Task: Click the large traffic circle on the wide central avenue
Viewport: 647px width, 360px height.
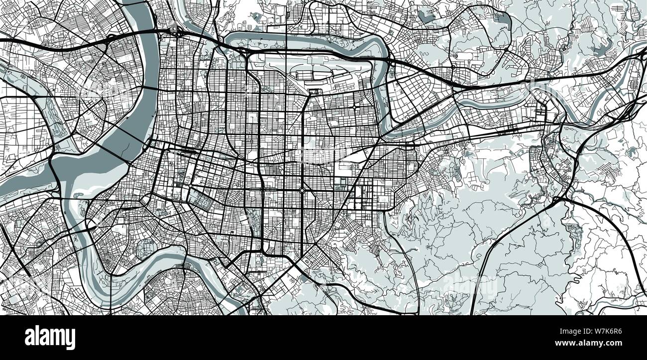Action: coord(302,190)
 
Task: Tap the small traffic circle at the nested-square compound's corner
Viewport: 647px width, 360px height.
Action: coord(190,188)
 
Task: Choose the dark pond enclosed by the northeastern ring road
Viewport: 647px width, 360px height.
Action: coord(427,17)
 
